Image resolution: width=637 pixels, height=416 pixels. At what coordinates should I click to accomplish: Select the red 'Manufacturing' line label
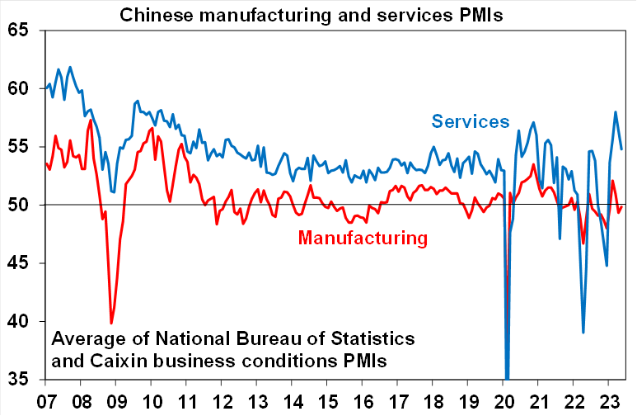(363, 239)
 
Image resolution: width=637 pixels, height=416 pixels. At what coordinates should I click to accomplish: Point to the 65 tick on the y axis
(16, 31)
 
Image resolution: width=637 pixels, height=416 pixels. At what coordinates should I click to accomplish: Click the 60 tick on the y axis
(16, 88)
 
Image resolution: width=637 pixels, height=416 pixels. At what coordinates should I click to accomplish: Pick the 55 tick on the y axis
(16, 147)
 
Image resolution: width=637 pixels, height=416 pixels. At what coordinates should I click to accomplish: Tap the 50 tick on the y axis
(16, 205)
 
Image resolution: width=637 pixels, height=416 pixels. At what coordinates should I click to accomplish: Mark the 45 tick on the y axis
(16, 263)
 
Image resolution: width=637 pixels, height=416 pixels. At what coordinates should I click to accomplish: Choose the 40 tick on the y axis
(16, 321)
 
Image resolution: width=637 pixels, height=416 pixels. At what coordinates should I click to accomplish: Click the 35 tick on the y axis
(16, 379)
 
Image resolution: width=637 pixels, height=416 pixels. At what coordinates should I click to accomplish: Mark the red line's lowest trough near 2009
(111, 324)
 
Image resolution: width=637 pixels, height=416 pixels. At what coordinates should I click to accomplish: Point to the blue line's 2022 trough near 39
(583, 333)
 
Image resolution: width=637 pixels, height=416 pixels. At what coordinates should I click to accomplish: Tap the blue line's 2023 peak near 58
(615, 111)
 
